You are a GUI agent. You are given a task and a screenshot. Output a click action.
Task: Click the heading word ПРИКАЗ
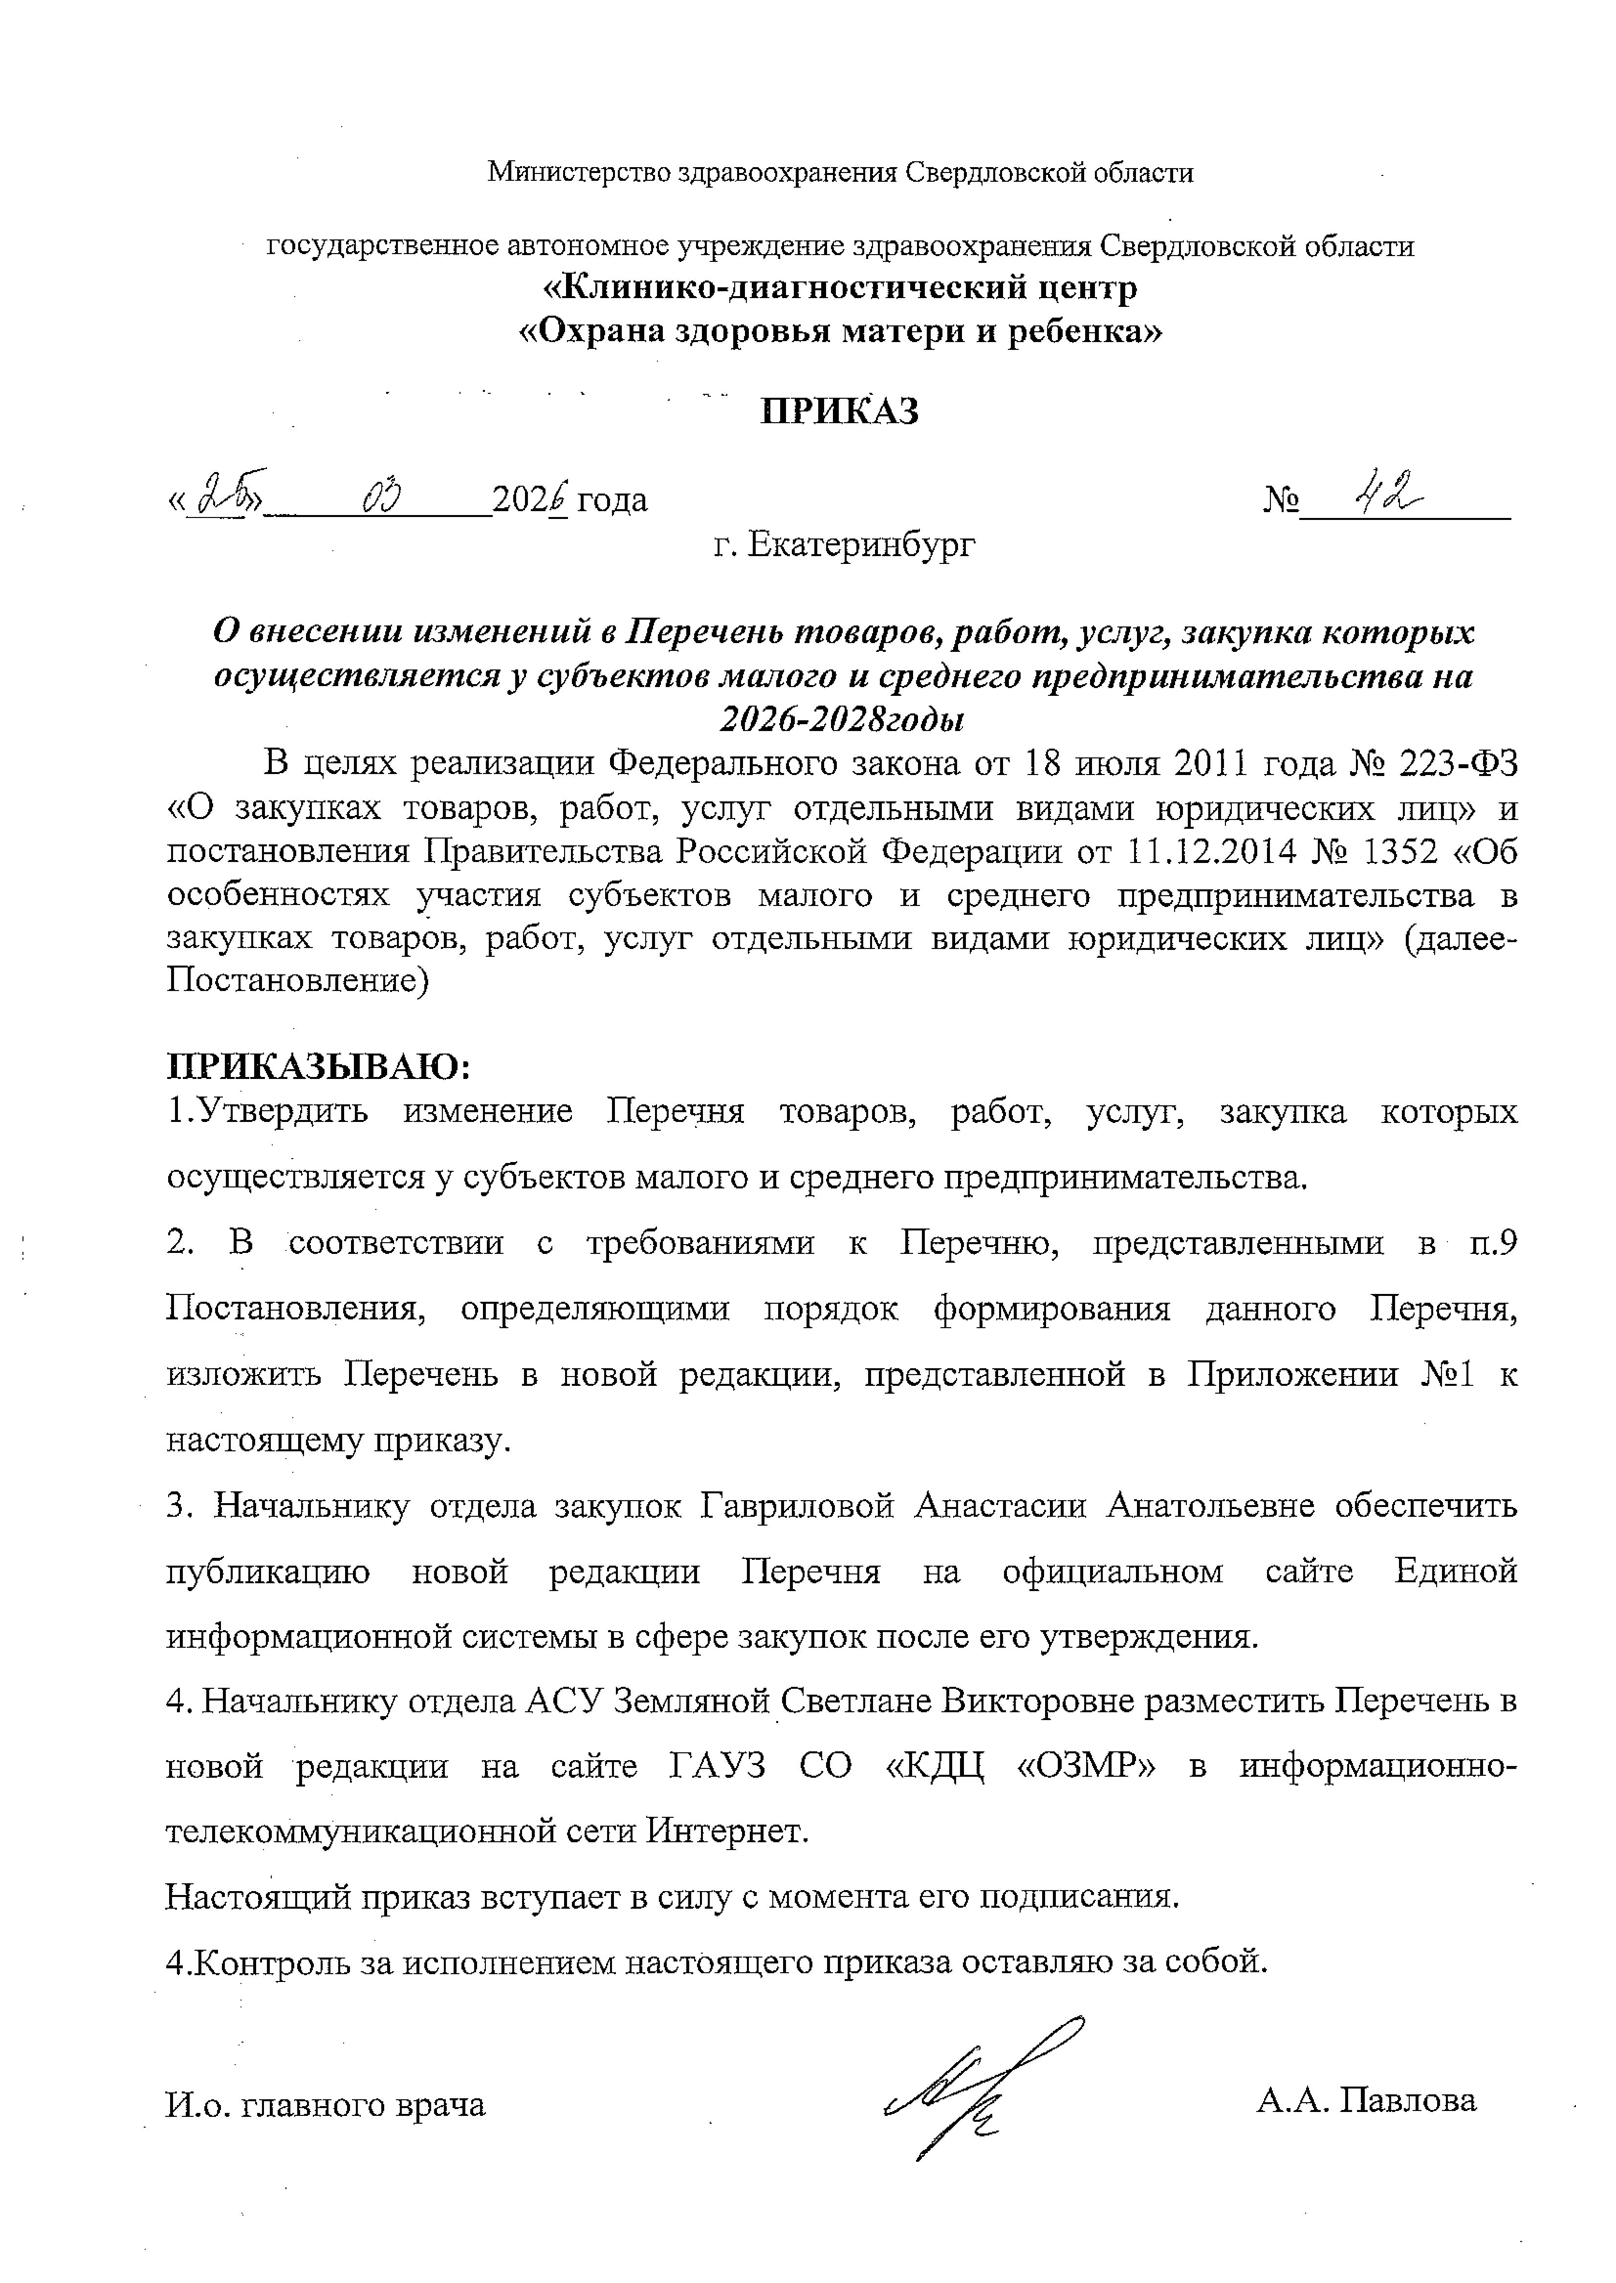(x=839, y=411)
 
